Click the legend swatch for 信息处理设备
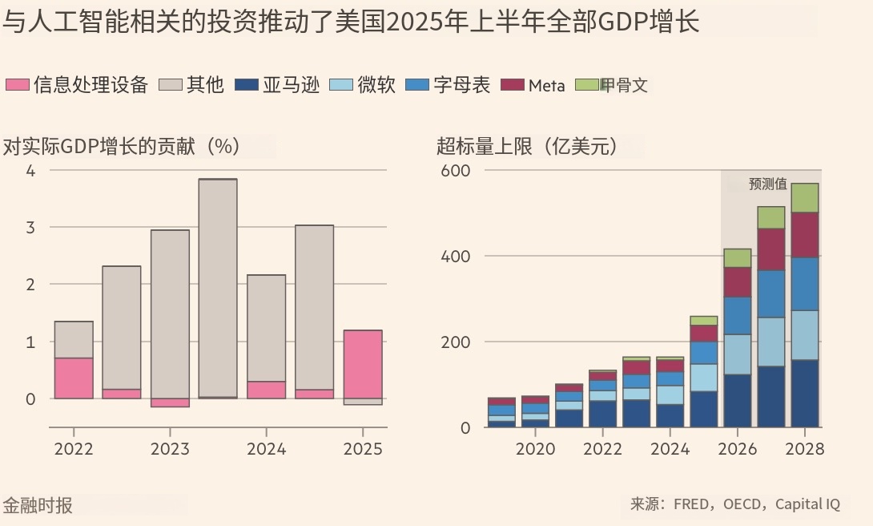pyautogui.click(x=18, y=85)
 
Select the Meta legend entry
pyautogui.click(x=547, y=86)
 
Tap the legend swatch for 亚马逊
pyautogui.click(x=247, y=85)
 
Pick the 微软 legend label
pyautogui.click(x=376, y=85)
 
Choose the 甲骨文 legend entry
pyautogui.click(x=624, y=85)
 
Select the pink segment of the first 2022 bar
pyautogui.click(x=74, y=378)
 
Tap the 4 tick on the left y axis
pyautogui.click(x=31, y=170)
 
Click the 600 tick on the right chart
pyautogui.click(x=455, y=171)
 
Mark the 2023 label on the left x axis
pyautogui.click(x=170, y=449)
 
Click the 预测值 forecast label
pyautogui.click(x=767, y=184)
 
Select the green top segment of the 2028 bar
pyautogui.click(x=805, y=198)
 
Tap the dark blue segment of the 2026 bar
pyautogui.click(x=738, y=400)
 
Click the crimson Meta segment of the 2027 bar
pyautogui.click(x=771, y=249)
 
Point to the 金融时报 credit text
pyautogui.click(x=38, y=505)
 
